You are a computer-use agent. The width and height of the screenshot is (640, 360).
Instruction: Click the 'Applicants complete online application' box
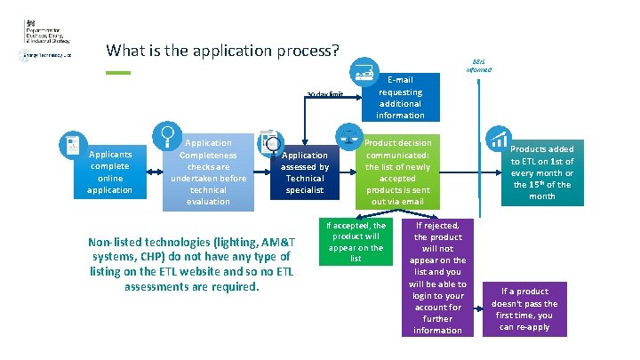tap(110, 172)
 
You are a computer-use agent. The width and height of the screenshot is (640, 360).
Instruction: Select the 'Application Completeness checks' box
tap(209, 172)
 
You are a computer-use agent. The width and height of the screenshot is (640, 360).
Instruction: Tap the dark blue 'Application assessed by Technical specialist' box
tap(305, 172)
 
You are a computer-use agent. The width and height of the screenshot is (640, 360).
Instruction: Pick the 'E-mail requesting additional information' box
tap(400, 97)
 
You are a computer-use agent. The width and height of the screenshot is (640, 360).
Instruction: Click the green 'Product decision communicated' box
tap(400, 173)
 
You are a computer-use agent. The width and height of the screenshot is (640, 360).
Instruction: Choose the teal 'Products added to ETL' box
tap(542, 172)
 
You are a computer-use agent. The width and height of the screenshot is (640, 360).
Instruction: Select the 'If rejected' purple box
tap(438, 278)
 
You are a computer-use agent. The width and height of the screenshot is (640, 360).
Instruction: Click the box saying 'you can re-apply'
tap(524, 308)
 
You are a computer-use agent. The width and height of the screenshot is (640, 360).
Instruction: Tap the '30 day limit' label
tap(324, 93)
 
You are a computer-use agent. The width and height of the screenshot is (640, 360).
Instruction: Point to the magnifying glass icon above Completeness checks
tap(166, 135)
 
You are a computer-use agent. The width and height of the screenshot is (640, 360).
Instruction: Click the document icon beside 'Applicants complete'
tap(72, 144)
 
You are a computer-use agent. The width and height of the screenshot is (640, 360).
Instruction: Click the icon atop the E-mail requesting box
tap(363, 71)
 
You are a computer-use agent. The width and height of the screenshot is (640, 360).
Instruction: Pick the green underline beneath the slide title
tap(117, 72)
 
